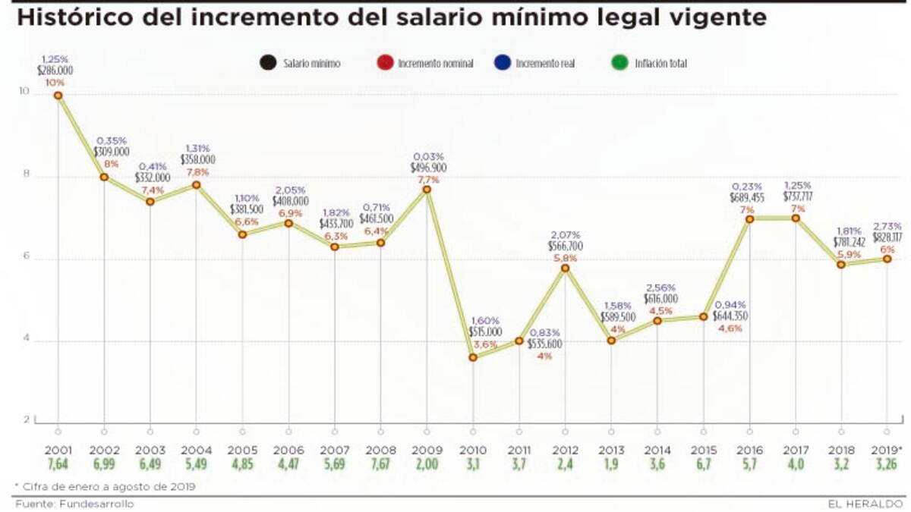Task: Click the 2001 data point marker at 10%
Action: point(58,95)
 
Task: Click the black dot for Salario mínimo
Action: point(266,64)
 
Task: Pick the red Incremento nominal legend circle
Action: point(385,64)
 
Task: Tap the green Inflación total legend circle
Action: point(622,64)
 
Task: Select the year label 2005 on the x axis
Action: point(242,451)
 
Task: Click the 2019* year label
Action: point(886,451)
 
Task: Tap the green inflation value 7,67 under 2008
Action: point(380,464)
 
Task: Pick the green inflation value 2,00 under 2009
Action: point(427,464)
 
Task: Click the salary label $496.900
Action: point(428,167)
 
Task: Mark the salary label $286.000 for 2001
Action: point(55,71)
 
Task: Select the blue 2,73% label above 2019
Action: point(887,227)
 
